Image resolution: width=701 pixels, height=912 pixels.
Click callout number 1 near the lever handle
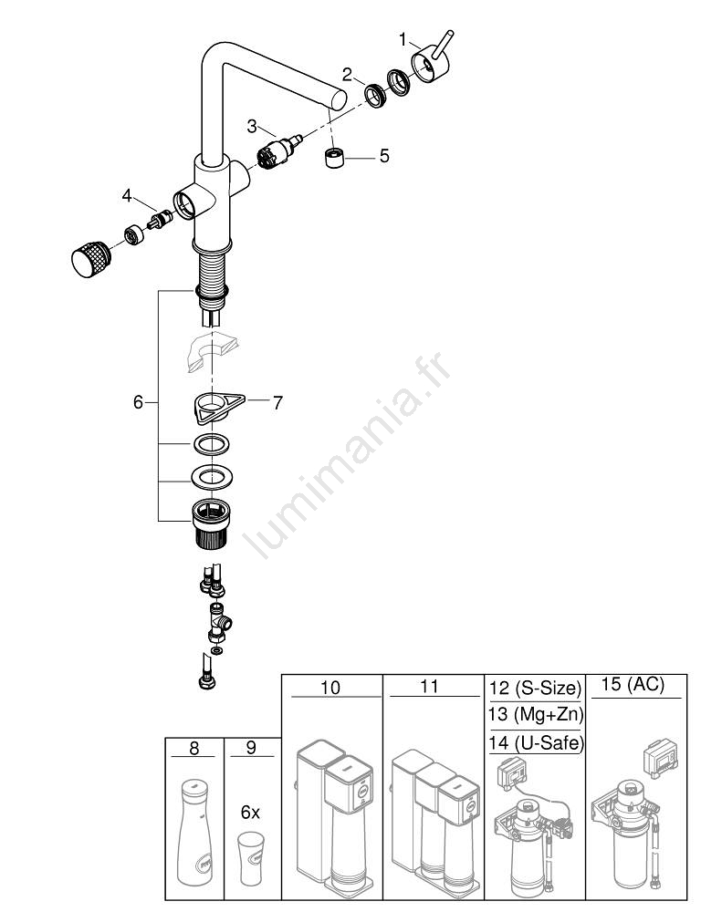point(403,39)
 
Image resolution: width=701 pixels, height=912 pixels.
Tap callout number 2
point(347,74)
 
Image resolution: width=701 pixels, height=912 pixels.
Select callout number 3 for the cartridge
point(253,127)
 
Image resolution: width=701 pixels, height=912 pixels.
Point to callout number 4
point(128,195)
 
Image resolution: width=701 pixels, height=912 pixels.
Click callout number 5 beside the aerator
point(384,156)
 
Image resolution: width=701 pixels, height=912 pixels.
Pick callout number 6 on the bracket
point(139,401)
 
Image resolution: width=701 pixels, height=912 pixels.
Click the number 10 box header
point(330,687)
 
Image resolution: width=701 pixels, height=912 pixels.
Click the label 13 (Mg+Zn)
point(535,714)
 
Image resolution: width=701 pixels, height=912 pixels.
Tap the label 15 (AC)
point(635,685)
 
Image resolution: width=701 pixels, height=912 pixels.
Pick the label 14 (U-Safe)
point(535,742)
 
